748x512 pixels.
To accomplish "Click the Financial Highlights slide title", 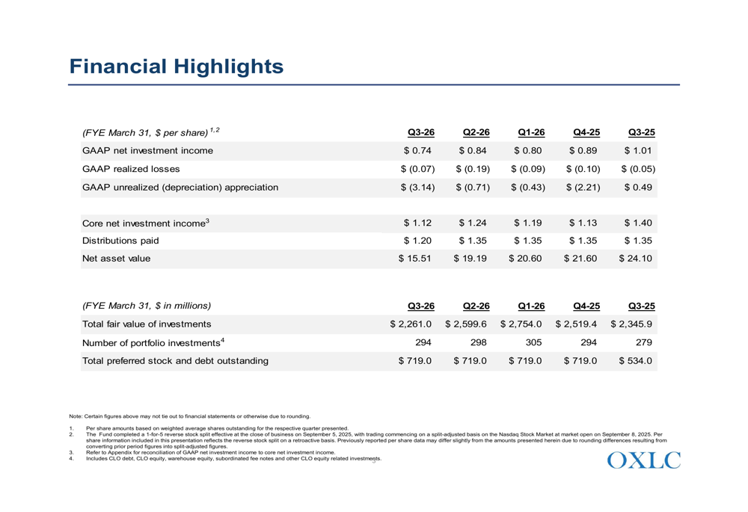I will pos(177,67).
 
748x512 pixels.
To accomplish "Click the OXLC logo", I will pos(644,460).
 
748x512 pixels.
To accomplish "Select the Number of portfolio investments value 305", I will pos(531,342).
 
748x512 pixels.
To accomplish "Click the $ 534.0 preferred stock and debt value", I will pos(637,361).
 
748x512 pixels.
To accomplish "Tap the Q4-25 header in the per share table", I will pos(586,132).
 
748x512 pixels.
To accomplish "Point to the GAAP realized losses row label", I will pos(130,169).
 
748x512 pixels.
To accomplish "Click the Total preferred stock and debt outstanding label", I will pos(175,361).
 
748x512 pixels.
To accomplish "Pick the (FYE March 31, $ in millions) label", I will pos(147,305).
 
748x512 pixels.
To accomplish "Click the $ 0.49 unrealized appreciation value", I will pos(640,188).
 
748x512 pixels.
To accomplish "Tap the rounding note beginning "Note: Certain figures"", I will pos(189,416).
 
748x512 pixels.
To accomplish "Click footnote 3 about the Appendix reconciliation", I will pos(210,452).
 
